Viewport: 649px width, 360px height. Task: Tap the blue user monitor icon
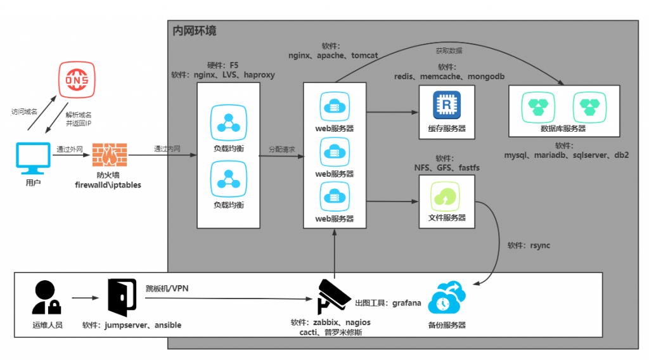pyautogui.click(x=34, y=158)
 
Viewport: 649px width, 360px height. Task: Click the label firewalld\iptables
pyautogui.click(x=108, y=185)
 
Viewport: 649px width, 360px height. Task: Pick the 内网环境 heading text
pyautogui.click(x=195, y=30)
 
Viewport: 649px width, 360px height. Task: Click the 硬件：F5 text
pyautogui.click(x=223, y=65)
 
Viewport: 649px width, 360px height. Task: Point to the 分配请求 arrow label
pyautogui.click(x=282, y=150)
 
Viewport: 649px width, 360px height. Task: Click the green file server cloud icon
pyautogui.click(x=443, y=196)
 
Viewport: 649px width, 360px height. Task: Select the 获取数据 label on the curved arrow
pyautogui.click(x=449, y=50)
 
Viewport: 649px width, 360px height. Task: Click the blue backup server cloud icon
pyautogui.click(x=447, y=299)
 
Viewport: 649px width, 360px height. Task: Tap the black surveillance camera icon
pyautogui.click(x=334, y=295)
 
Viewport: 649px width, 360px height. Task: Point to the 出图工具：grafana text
pyautogui.click(x=388, y=303)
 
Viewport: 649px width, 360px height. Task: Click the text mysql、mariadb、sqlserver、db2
pyautogui.click(x=566, y=155)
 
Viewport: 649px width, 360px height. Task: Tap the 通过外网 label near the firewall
pyautogui.click(x=70, y=150)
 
